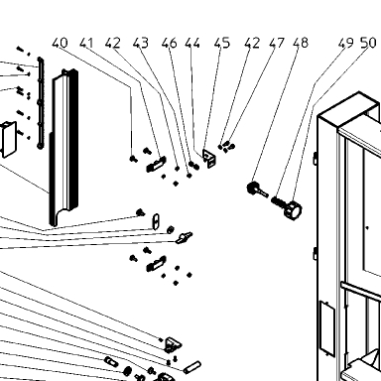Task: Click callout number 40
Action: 61,43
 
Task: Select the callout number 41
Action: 86,43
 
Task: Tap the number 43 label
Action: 141,43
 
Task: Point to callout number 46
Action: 170,43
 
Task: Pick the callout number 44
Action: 192,43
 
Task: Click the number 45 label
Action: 222,43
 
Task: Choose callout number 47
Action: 277,43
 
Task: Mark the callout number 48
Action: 301,43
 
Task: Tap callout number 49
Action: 345,43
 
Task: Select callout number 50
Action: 368,43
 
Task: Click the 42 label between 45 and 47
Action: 252,43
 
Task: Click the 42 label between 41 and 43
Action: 113,43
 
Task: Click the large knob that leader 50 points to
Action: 293,210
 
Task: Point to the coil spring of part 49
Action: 277,201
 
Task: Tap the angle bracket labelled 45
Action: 209,158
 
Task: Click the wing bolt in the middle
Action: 184,238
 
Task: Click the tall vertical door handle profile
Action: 63,148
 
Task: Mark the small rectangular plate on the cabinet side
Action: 326,328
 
